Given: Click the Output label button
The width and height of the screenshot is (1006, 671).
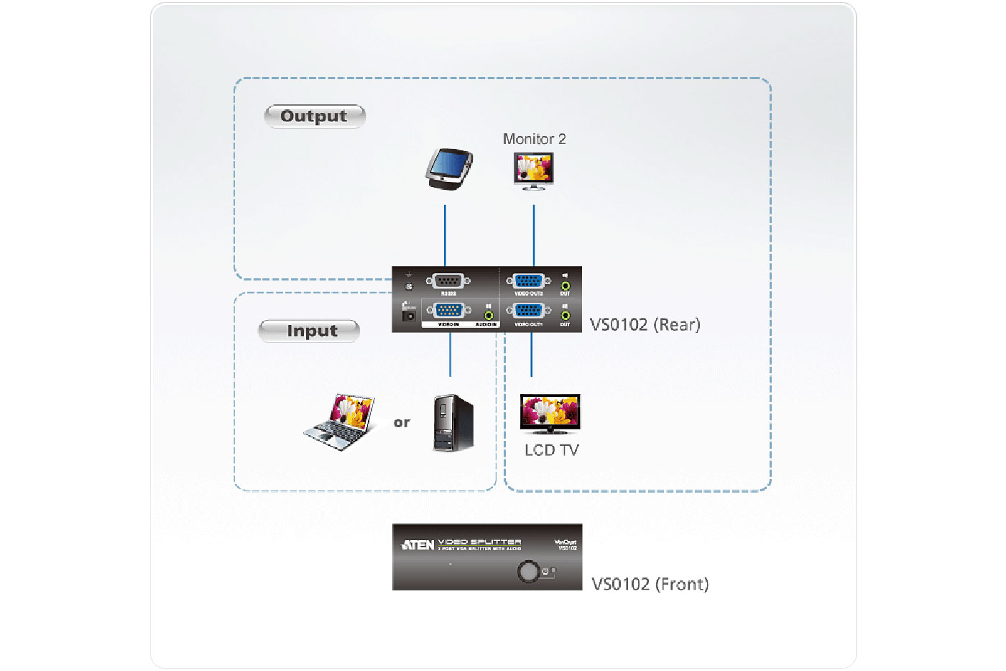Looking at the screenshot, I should (315, 116).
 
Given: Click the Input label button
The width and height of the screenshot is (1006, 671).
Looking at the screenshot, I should (309, 331).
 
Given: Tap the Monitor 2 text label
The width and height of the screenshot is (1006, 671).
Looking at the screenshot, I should (534, 139).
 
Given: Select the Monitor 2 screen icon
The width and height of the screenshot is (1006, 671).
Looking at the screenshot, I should (534, 171).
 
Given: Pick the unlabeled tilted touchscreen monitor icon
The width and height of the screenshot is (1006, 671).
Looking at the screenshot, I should (449, 168).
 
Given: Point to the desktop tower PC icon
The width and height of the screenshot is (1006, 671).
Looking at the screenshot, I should (453, 422).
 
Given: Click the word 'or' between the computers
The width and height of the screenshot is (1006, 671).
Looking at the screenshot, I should (402, 423).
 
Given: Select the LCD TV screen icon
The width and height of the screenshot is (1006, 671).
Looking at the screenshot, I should (550, 414).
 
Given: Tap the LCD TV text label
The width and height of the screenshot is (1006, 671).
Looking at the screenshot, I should (551, 450).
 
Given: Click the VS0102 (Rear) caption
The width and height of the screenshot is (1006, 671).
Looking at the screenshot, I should (645, 324).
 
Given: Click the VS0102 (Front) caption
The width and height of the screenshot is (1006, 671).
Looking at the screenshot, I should (650, 584).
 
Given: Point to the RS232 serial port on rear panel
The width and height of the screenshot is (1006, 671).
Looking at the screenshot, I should (448, 281).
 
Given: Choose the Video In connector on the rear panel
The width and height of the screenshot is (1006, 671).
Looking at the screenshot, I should (449, 311).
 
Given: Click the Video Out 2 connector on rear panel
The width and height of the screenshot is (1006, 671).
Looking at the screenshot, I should (528, 281).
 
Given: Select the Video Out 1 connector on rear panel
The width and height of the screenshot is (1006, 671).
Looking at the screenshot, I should (528, 311).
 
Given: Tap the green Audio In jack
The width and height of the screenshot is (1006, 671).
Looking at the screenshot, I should (489, 315).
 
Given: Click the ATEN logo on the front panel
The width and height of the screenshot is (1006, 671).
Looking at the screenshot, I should (417, 545).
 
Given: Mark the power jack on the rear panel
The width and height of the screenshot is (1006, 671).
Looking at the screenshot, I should (409, 315).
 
